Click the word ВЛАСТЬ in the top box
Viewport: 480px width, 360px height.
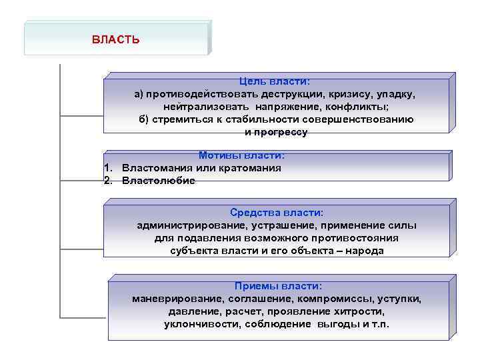(116, 39)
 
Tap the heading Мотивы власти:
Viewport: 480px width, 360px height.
(241, 155)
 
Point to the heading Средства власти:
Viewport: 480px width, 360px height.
(277, 212)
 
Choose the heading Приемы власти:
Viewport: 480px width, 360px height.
(278, 285)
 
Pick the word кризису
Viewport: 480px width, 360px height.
(347, 94)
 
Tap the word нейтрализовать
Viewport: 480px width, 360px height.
(207, 107)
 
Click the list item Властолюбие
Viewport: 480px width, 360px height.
(159, 181)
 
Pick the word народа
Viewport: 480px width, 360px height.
(367, 251)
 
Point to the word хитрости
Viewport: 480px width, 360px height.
(360, 311)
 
